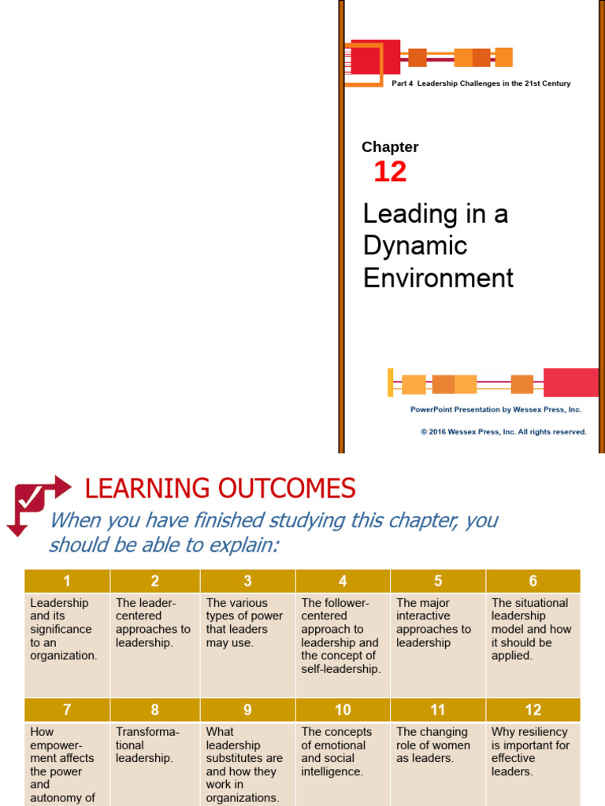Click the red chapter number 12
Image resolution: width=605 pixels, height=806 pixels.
390,172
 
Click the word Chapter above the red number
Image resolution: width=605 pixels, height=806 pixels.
390,147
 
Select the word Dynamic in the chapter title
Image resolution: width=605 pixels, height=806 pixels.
414,246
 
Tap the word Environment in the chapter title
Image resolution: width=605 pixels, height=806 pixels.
438,278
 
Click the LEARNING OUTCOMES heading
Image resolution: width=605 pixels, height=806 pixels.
220,489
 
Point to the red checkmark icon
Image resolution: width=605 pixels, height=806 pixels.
32,498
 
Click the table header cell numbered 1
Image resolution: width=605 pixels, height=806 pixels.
67,581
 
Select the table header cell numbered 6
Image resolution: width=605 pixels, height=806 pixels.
533,581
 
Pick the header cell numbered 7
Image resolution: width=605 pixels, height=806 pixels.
67,710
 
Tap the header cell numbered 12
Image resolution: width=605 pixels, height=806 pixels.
533,710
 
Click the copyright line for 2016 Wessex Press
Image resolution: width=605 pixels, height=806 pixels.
503,431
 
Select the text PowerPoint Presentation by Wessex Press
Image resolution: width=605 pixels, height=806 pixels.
496,409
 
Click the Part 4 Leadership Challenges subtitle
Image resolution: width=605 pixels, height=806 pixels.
481,83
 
